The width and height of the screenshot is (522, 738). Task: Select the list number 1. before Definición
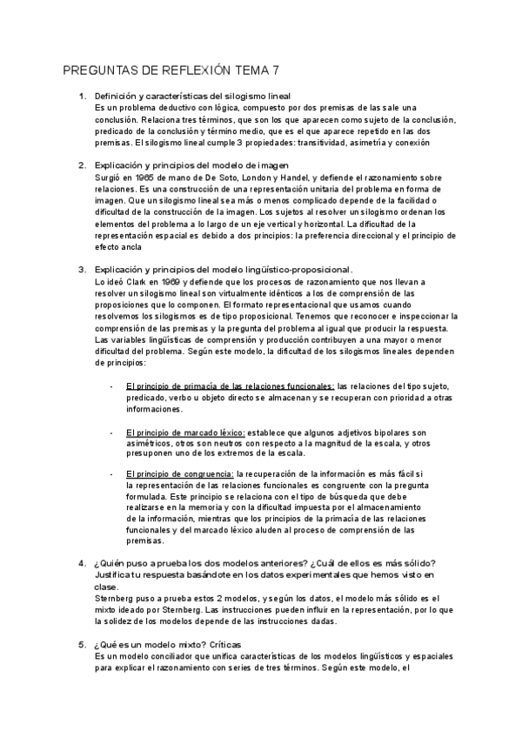pos(82,96)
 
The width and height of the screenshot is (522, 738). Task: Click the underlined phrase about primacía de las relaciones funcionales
pos(230,386)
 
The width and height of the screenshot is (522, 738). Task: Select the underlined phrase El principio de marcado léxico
pos(184,433)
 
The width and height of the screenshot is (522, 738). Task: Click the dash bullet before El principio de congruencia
pos(111,473)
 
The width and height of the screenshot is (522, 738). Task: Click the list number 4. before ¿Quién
pos(82,561)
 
